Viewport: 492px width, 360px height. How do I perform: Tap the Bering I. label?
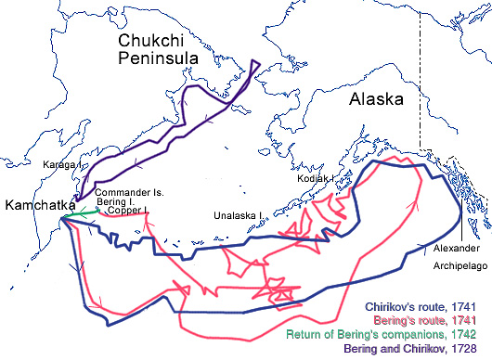click(116, 201)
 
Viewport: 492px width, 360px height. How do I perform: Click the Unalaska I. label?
click(239, 212)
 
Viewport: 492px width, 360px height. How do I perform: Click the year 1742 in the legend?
click(473, 333)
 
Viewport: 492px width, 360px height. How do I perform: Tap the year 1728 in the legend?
click(473, 348)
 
